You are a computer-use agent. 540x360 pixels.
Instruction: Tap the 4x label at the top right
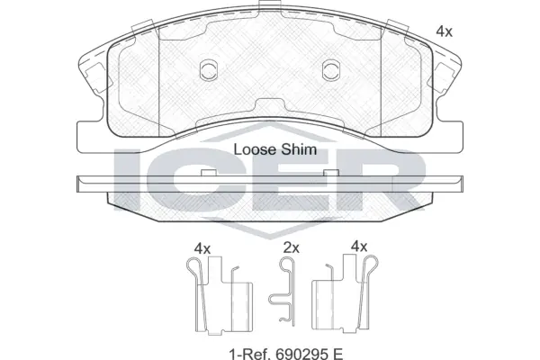coord(443,30)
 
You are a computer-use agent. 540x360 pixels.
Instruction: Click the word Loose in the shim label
coord(253,150)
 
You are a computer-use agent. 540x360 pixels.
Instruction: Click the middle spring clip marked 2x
coord(286,290)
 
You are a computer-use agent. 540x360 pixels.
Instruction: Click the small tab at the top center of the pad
coord(268,9)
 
